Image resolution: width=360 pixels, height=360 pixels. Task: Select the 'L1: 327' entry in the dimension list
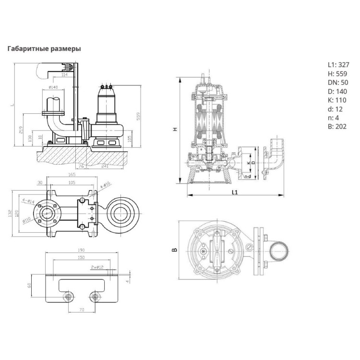pyautogui.click(x=338, y=64)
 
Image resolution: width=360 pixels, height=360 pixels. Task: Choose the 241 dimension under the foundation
pyautogui.click(x=104, y=166)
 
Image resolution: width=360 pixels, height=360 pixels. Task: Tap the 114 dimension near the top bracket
pyautogui.click(x=64, y=75)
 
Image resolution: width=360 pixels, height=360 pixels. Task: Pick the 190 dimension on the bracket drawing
pyautogui.click(x=81, y=250)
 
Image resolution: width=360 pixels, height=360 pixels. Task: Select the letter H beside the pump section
pyautogui.click(x=175, y=129)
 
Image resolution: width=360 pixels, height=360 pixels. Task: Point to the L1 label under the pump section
pyautogui.click(x=234, y=192)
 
